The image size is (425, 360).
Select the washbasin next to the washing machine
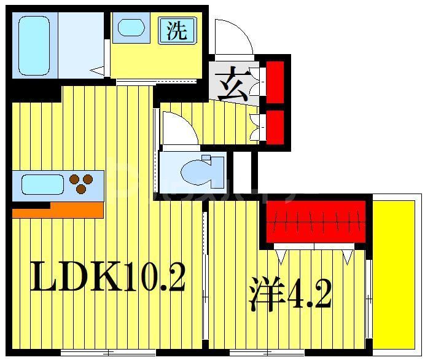131,28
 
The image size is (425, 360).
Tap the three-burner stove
81,183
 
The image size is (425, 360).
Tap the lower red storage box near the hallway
275,125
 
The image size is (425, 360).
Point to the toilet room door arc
177,129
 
